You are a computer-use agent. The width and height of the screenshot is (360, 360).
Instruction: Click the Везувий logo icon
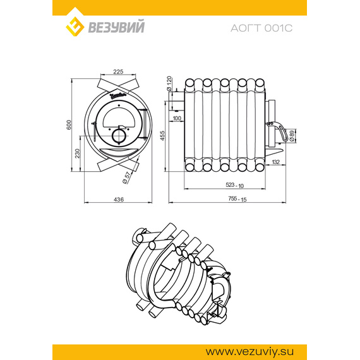click(x=77, y=26)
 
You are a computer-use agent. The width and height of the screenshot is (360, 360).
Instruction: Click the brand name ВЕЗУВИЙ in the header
click(x=119, y=27)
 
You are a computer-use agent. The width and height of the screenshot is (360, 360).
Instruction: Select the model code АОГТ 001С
click(x=261, y=27)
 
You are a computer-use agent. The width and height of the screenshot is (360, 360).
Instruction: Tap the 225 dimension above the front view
click(x=117, y=71)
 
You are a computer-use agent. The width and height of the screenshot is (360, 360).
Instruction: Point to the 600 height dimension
click(x=69, y=125)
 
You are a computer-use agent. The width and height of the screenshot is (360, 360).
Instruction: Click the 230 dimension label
click(x=77, y=153)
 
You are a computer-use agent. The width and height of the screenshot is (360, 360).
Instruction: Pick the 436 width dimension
click(x=117, y=199)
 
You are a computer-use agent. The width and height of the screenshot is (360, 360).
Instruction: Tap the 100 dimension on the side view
click(x=176, y=117)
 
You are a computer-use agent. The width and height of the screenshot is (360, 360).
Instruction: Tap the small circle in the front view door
click(x=118, y=135)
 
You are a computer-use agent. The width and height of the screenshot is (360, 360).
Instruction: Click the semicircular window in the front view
click(x=118, y=117)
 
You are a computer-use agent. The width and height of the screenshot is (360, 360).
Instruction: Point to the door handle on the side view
click(x=278, y=135)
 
